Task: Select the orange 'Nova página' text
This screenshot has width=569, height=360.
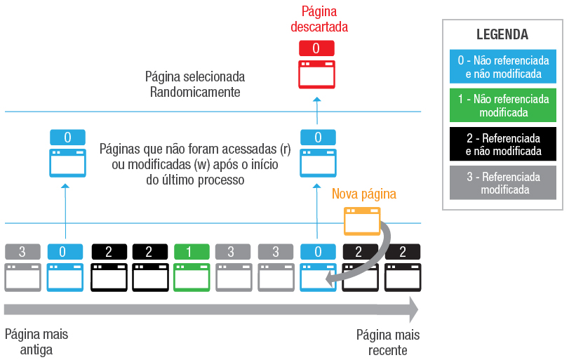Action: tap(364, 194)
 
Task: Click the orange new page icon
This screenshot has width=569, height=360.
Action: tap(362, 221)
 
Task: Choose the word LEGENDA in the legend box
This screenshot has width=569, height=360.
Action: tap(502, 34)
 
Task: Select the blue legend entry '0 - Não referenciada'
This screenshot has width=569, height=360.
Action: tap(502, 67)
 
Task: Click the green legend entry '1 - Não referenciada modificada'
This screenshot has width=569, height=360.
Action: tap(502, 105)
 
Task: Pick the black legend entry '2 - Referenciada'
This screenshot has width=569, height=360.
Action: tap(502, 144)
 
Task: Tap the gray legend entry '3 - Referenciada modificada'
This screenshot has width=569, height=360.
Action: tap(502, 182)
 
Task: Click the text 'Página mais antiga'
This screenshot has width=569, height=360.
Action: tap(36, 342)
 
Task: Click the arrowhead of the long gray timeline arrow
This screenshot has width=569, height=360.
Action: tap(413, 309)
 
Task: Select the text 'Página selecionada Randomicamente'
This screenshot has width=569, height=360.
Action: tap(195, 84)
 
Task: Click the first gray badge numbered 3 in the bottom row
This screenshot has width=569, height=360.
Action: tap(22, 252)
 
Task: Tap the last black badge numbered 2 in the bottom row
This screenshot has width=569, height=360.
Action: tap(403, 252)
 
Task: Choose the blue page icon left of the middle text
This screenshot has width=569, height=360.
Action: tap(67, 161)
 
